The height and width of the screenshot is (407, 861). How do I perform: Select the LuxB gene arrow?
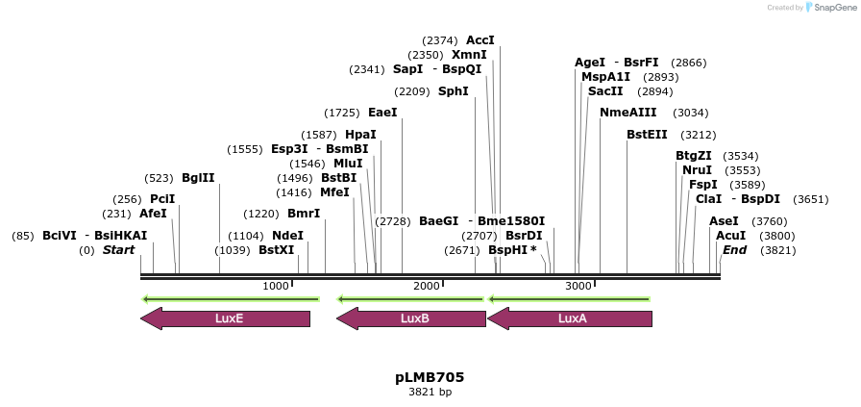[x=413, y=318]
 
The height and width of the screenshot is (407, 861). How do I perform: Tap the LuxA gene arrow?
[x=572, y=318]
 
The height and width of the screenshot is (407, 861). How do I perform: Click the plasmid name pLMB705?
[x=430, y=377]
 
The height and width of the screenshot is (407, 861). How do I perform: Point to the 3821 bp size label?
[x=430, y=392]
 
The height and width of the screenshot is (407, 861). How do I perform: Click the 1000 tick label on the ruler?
[x=276, y=286]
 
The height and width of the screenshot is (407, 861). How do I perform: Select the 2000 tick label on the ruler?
[x=426, y=286]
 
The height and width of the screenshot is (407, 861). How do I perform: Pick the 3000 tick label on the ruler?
[x=578, y=286]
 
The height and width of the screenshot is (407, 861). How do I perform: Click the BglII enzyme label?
[x=198, y=178]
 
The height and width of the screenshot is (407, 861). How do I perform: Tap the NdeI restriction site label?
[x=287, y=236]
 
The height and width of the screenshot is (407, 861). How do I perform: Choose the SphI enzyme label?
[x=454, y=91]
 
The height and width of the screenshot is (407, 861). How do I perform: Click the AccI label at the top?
[x=480, y=40]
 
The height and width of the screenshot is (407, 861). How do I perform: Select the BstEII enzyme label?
[x=647, y=135]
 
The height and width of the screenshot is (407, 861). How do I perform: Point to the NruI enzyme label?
[x=697, y=170]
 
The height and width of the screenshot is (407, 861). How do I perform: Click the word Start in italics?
[x=118, y=250]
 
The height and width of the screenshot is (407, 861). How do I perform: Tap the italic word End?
[x=734, y=250]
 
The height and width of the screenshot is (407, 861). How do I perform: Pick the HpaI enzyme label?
[x=360, y=135]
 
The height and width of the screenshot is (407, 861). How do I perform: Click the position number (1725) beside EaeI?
[x=342, y=113]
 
